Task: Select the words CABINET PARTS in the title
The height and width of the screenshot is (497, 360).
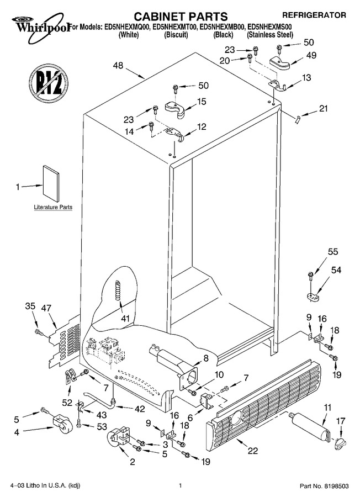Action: coord(181,16)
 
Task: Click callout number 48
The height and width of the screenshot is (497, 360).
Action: coord(118,66)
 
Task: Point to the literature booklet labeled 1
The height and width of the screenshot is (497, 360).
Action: coord(51,183)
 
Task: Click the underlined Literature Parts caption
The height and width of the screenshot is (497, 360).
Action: coord(53,207)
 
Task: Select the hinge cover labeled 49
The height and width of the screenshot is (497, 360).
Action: coord(279,62)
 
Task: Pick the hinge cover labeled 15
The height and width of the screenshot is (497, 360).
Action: coord(175,109)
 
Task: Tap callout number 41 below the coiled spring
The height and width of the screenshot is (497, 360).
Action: coord(125,318)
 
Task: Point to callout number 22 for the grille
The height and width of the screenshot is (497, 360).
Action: coord(252,451)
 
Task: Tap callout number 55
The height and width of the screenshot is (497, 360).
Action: coord(333,252)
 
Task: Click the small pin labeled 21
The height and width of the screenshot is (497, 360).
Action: coord(298,120)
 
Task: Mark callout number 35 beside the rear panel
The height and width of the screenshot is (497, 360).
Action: coord(30,306)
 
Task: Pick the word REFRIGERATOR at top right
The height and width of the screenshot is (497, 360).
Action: coord(314,15)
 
